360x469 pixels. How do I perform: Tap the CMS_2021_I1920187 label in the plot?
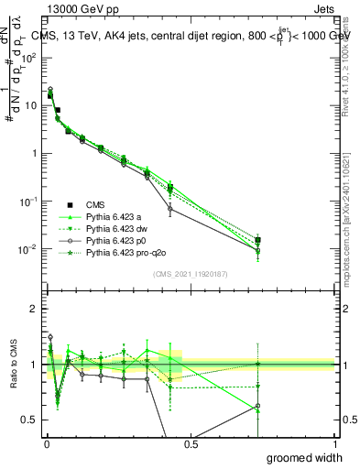pyautogui.click(x=191, y=274)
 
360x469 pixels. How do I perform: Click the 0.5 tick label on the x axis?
pyautogui.click(x=191, y=445)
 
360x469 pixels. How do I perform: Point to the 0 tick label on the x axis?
pyautogui.click(x=46, y=445)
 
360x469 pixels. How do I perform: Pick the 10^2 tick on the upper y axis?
pyautogui.click(x=30, y=57)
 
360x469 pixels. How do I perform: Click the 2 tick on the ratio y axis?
pyautogui.click(x=34, y=309)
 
